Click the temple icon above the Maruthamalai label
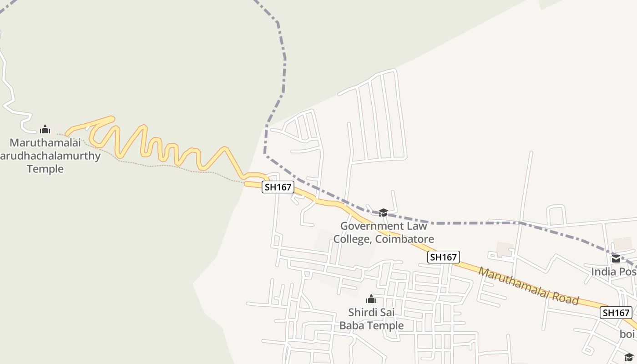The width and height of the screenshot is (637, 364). coord(45,129)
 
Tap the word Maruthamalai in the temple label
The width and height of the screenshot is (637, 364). coord(45,142)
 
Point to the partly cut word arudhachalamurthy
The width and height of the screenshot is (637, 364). coord(50,156)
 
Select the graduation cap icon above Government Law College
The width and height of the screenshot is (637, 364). coord(383,212)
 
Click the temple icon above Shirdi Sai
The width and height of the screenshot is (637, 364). coord(371,299)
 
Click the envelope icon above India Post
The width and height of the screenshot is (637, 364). coord(616,259)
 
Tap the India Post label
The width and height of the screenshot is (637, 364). coord(614,272)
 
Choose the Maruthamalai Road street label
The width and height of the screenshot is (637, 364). coord(528,286)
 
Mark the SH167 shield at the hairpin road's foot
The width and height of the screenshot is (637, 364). coord(278,187)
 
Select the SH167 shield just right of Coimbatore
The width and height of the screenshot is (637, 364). coord(444,257)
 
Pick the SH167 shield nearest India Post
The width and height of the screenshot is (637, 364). coord(616,313)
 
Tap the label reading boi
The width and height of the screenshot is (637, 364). coord(627,334)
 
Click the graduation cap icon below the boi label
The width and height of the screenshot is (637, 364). coord(629,357)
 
